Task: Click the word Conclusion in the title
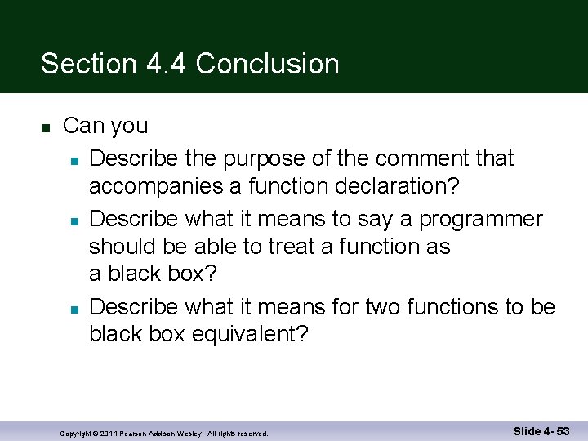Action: point(268,64)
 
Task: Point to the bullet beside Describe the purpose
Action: point(73,158)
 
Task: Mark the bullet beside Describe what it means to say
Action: point(73,220)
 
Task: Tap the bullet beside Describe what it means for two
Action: point(73,308)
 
